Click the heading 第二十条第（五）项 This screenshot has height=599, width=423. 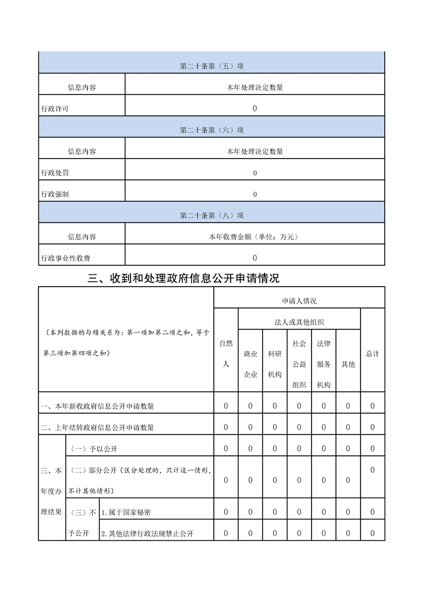point(212,66)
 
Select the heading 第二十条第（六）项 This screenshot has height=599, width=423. point(212,130)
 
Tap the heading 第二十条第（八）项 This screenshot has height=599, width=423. point(212,216)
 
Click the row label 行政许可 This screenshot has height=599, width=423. point(55,109)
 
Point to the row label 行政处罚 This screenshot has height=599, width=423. point(55,173)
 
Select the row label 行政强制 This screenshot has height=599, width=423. point(55,194)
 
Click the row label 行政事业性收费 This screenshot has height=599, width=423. point(66,258)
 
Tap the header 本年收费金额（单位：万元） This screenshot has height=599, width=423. point(254,237)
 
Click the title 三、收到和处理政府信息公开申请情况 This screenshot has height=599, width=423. point(184,278)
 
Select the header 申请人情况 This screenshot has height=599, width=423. point(299,301)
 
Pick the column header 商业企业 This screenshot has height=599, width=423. point(250,364)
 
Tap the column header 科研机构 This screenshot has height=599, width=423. point(275,364)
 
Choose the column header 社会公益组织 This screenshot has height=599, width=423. point(299,364)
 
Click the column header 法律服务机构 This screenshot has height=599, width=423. point(324,364)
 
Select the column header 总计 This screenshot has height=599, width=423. point(372,354)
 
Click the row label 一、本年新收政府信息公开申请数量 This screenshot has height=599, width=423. point(98,406)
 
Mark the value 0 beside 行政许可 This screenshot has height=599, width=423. point(254,109)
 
